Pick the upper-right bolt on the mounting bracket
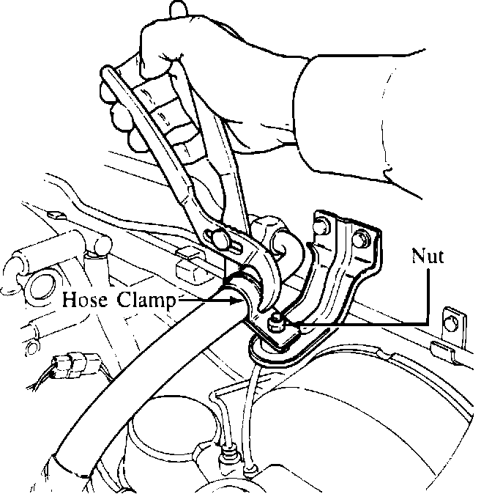click(359, 237)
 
